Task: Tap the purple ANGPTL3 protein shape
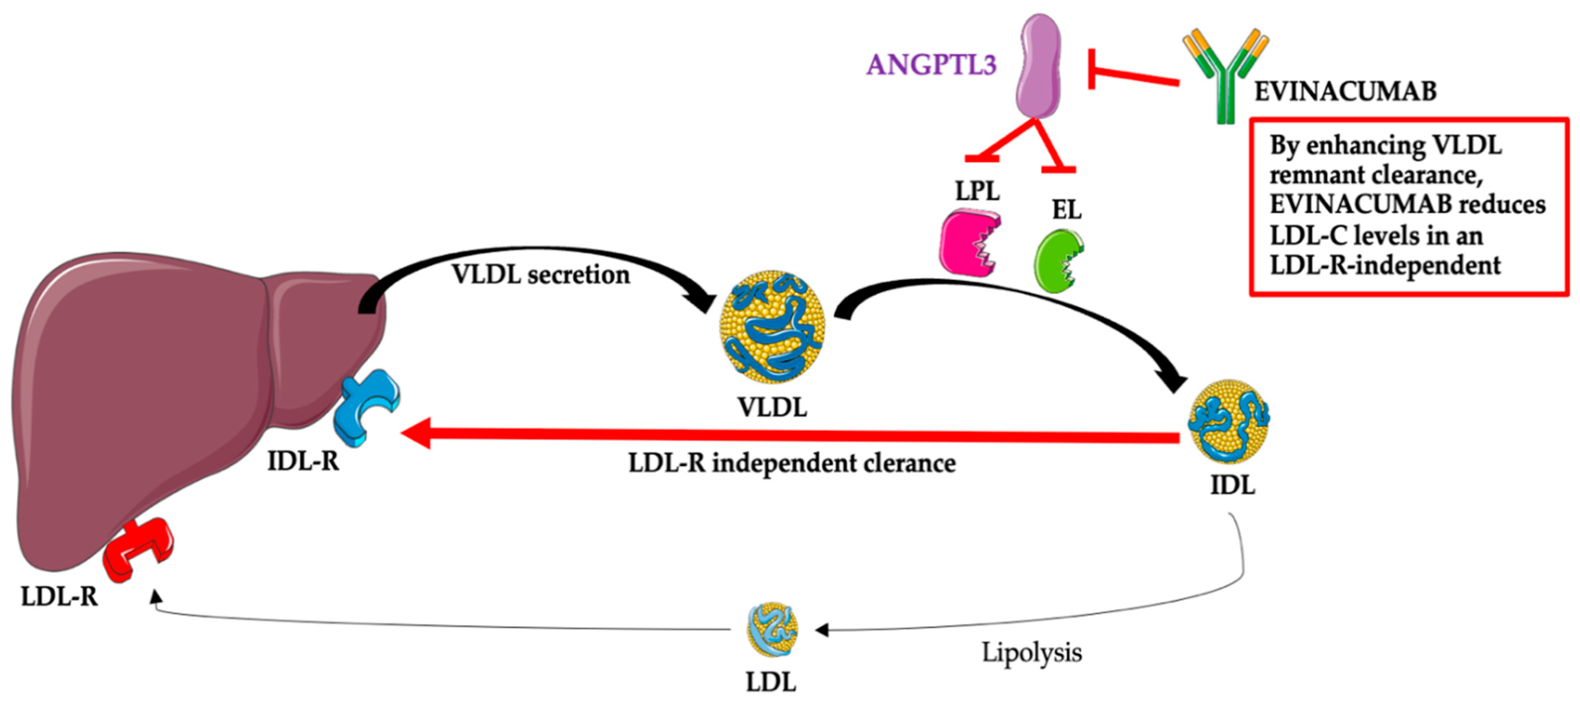coord(1038,66)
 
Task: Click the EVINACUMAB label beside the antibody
coord(1345,91)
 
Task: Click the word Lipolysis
coord(1032,652)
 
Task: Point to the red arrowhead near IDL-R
coord(417,434)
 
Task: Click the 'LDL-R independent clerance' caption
coord(791,463)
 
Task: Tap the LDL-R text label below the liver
coord(60,596)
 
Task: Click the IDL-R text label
coord(303,461)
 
